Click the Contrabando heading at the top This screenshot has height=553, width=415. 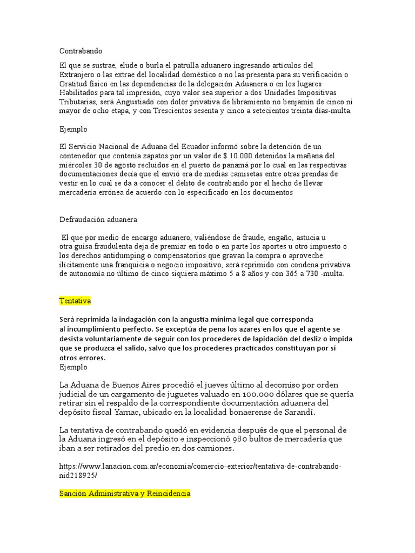tap(81, 51)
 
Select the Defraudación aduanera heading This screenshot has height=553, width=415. tap(98, 220)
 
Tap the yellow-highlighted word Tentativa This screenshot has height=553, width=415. tap(75, 300)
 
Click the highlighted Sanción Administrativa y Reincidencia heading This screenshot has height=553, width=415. tap(124, 494)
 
